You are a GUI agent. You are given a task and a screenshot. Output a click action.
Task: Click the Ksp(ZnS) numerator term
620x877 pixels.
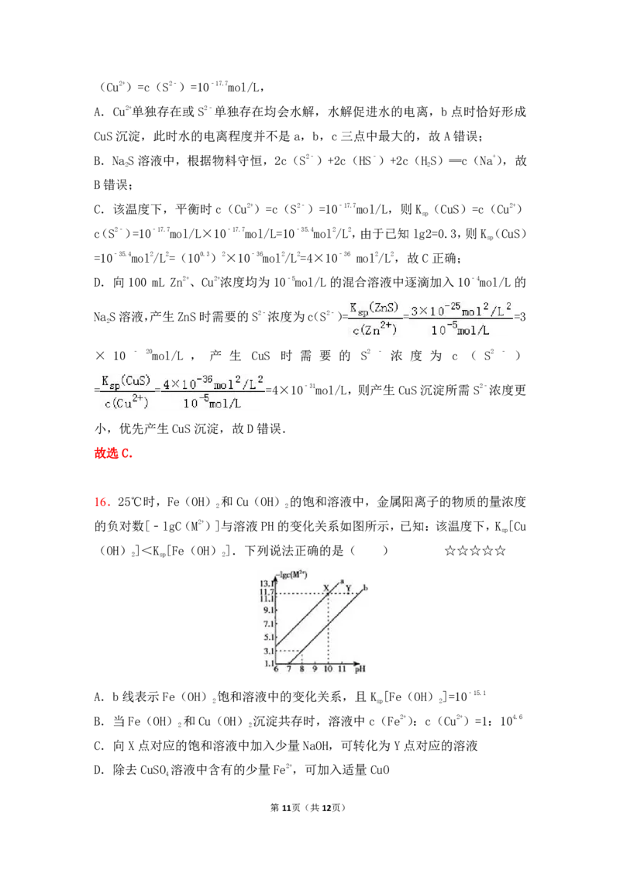coord(374,308)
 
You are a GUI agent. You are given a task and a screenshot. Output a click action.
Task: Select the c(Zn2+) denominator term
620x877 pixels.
coord(374,330)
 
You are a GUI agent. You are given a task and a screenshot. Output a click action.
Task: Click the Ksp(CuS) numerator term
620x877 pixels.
coord(126,381)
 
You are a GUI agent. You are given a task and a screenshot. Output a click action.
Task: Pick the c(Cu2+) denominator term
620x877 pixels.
coord(126,403)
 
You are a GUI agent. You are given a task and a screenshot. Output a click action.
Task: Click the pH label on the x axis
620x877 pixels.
coord(360,669)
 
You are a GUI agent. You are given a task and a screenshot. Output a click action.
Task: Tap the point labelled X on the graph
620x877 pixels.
coord(327,587)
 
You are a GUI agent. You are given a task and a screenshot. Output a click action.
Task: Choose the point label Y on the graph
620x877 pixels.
coord(348,588)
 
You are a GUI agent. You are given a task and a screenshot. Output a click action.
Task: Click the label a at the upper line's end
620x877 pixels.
coord(342,581)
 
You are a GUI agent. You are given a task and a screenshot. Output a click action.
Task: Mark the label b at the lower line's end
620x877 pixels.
coord(365,589)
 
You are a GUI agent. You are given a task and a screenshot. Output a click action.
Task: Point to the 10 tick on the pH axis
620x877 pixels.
coord(328,669)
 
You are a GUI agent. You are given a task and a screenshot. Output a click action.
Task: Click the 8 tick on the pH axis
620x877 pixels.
coord(301,669)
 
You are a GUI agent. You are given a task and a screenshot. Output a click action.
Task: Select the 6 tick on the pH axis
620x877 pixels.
coord(276,669)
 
